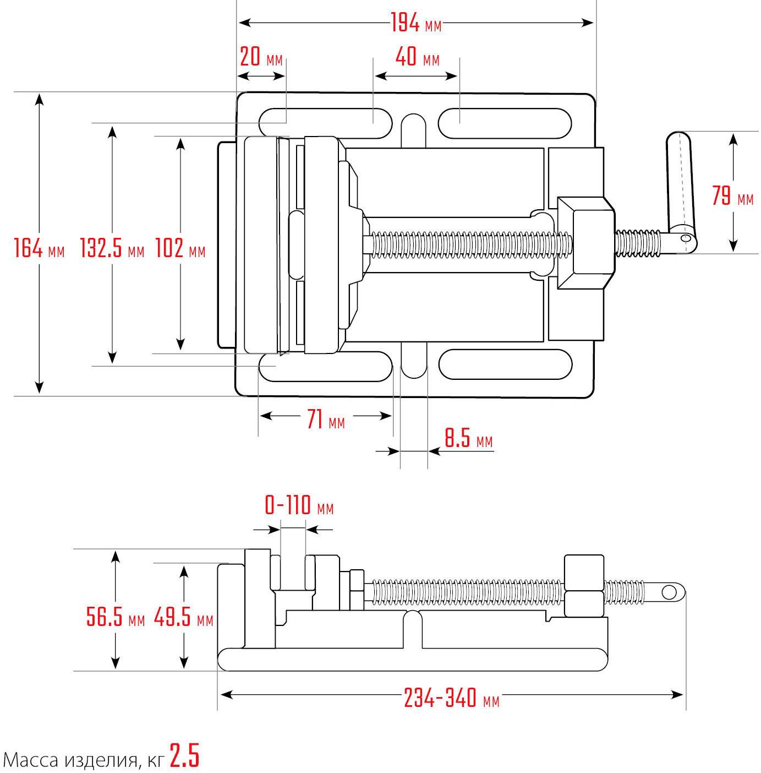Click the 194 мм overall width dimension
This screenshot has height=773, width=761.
pyautogui.click(x=415, y=23)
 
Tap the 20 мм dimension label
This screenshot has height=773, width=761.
pyautogui.click(x=261, y=57)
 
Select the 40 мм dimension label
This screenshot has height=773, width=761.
pyautogui.click(x=417, y=57)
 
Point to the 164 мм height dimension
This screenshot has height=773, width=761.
pyautogui.click(x=39, y=248)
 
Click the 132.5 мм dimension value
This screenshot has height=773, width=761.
pyautogui.click(x=112, y=248)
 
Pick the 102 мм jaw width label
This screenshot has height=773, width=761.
pyautogui.click(x=180, y=248)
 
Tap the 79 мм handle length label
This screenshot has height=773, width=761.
pyautogui.click(x=732, y=197)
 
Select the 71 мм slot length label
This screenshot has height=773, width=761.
pyautogui.click(x=326, y=420)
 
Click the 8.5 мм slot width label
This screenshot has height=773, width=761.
pyautogui.click(x=468, y=439)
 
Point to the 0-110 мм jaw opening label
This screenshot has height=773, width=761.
pyautogui.click(x=299, y=505)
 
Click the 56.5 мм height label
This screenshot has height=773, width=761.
pyautogui.click(x=115, y=617)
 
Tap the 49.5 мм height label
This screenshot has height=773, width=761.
pyautogui.click(x=183, y=617)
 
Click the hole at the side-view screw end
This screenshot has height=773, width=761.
pyautogui.click(x=669, y=592)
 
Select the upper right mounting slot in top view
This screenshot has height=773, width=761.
pyautogui.click(x=505, y=123)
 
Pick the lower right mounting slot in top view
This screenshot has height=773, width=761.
pyautogui.click(x=505, y=364)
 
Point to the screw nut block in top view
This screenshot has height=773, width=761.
pyautogui.click(x=587, y=243)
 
